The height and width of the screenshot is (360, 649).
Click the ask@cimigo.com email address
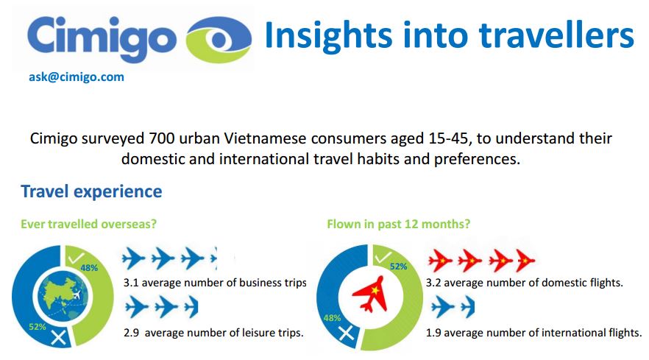tap(77, 77)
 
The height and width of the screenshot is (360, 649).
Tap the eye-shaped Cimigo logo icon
tap(219, 40)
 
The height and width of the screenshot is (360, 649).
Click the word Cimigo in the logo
tap(102, 38)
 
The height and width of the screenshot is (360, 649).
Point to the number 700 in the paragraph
tap(162, 138)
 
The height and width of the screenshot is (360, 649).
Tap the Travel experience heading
tap(91, 191)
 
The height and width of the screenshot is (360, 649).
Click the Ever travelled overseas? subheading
tap(88, 224)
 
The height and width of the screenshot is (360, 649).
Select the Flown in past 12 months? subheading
tap(399, 224)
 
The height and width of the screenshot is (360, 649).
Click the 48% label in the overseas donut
tap(89, 268)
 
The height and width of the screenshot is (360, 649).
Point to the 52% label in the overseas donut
tap(38, 327)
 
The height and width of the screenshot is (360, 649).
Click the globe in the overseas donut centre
tap(63, 296)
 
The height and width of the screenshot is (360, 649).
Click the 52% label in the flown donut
tap(398, 267)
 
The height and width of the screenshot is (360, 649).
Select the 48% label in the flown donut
tap(332, 318)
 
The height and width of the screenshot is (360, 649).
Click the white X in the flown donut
tap(347, 333)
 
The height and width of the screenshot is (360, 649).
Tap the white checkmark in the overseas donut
tap(77, 258)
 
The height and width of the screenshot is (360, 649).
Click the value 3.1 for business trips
tap(131, 283)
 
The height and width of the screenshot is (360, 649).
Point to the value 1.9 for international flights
tap(433, 333)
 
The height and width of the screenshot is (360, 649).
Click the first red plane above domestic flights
tap(440, 261)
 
